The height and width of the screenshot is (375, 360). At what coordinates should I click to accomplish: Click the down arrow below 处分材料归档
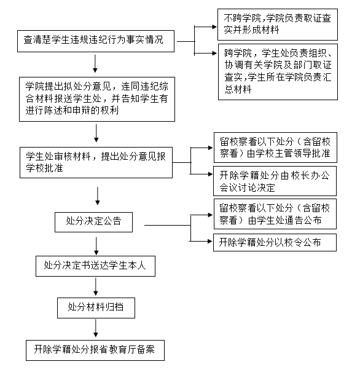(x=96, y=328)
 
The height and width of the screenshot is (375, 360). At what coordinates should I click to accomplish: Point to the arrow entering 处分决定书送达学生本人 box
(x=96, y=246)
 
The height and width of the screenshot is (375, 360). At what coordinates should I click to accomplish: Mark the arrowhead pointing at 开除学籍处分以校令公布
(x=210, y=242)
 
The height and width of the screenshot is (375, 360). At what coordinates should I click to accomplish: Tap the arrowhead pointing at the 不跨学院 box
(x=214, y=27)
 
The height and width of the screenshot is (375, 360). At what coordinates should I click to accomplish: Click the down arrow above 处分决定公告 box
(x=98, y=196)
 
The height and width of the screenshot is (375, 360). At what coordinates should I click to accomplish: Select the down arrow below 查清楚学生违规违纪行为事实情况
(x=95, y=63)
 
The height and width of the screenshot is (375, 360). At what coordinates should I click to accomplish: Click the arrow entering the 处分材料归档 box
(x=96, y=286)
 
